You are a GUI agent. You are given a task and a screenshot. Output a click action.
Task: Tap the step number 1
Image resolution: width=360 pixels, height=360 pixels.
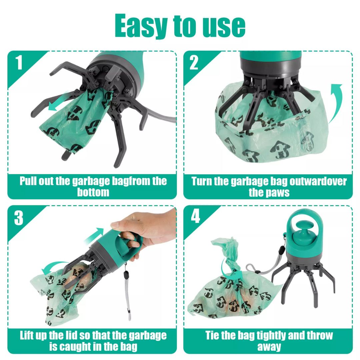[19, 63]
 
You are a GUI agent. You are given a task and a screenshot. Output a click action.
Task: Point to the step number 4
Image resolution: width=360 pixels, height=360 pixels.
[195, 217]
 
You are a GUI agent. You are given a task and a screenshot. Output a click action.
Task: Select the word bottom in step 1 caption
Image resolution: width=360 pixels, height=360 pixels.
[93, 192]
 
